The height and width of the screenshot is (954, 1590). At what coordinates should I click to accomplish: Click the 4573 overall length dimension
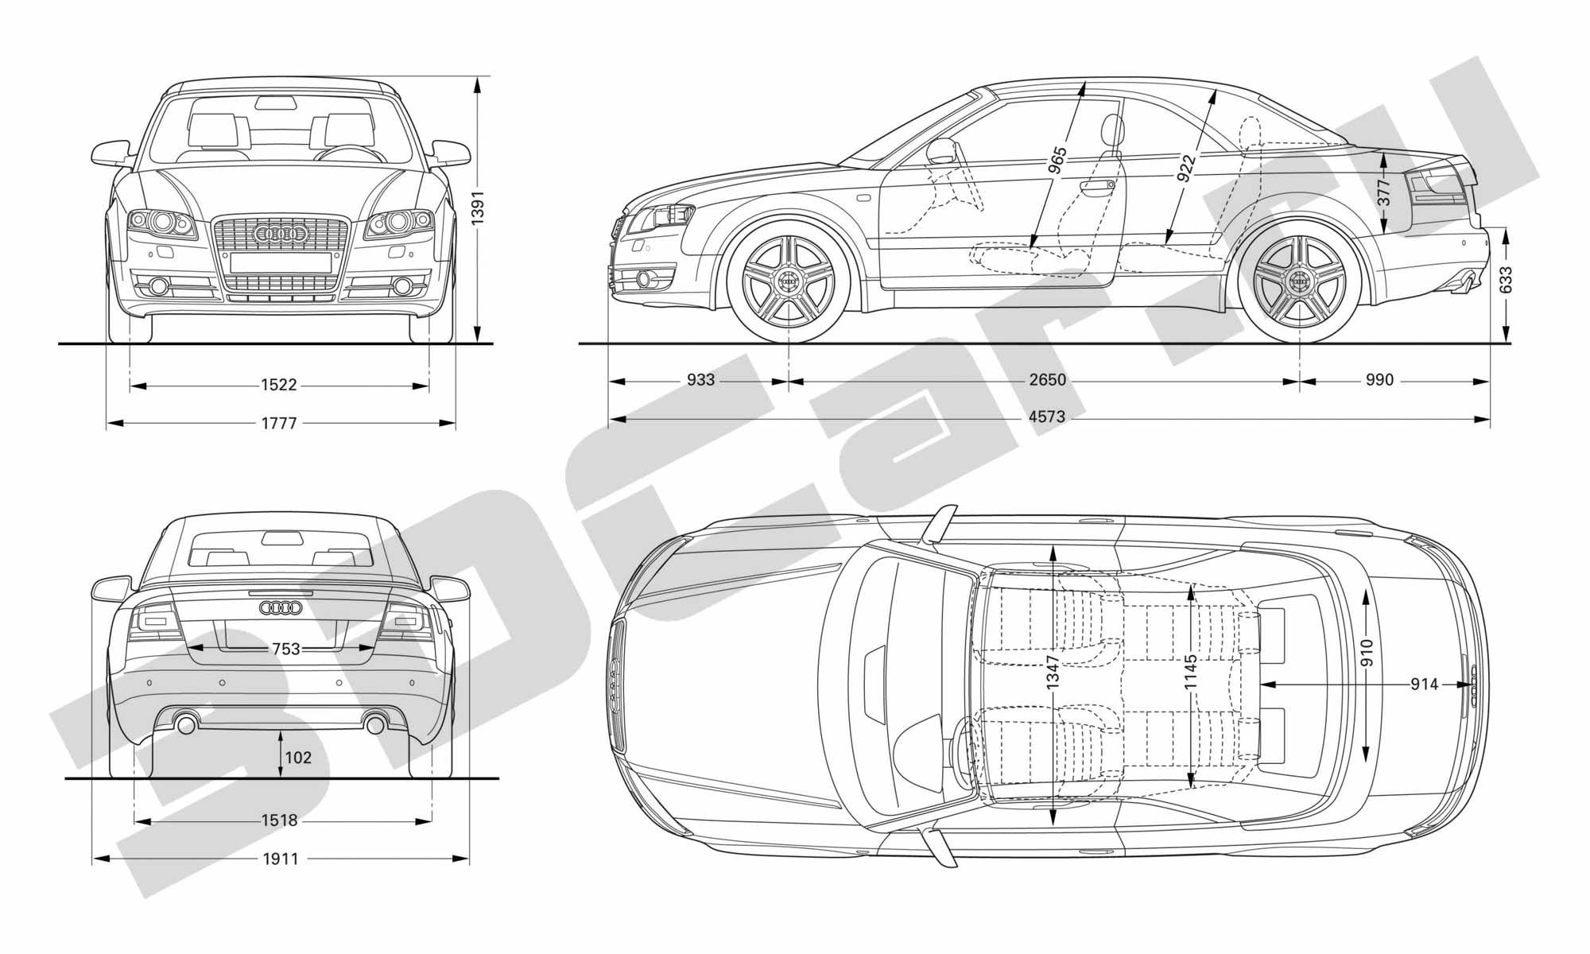click(1046, 417)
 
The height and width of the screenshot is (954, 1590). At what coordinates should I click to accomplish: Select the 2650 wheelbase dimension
click(1046, 380)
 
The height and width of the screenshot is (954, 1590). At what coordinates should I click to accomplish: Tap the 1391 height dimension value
click(478, 207)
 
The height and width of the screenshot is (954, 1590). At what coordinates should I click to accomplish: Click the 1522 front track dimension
click(278, 386)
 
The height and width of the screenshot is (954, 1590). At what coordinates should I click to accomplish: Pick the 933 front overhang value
click(700, 380)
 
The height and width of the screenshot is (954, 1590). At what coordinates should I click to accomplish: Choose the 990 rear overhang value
click(1379, 380)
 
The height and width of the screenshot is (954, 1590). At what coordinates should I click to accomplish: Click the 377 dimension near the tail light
click(1383, 193)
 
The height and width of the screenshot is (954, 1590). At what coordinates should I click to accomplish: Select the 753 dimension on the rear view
click(285, 649)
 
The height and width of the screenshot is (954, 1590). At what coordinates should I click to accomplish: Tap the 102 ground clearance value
click(298, 758)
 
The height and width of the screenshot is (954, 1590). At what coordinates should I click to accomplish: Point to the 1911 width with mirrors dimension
click(280, 859)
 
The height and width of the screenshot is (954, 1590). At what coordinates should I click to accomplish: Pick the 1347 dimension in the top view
click(1053, 671)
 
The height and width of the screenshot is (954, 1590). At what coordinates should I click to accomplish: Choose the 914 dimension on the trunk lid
click(1424, 684)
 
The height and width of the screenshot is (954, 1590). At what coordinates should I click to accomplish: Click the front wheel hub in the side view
click(789, 280)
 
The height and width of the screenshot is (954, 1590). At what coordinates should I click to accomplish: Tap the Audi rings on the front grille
click(280, 234)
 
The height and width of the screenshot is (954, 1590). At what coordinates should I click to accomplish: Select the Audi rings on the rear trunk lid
click(281, 608)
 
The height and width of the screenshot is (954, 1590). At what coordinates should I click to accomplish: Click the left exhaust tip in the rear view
click(186, 724)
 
